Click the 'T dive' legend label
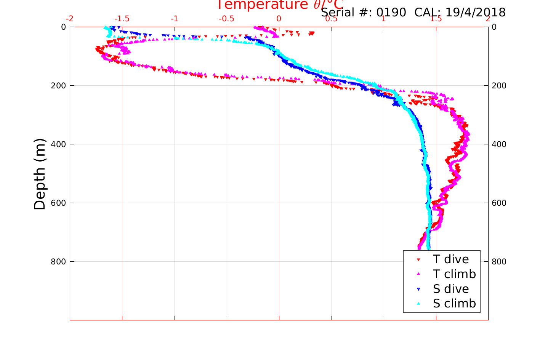click(x=451, y=259)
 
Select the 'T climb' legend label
click(x=454, y=274)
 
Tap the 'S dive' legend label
click(x=451, y=289)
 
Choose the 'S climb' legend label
click(x=454, y=304)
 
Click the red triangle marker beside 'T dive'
click(x=418, y=260)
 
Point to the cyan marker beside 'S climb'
click(x=418, y=304)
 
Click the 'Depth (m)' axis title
click(x=40, y=174)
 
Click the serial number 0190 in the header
click(x=391, y=13)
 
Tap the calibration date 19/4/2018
click(x=475, y=13)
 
